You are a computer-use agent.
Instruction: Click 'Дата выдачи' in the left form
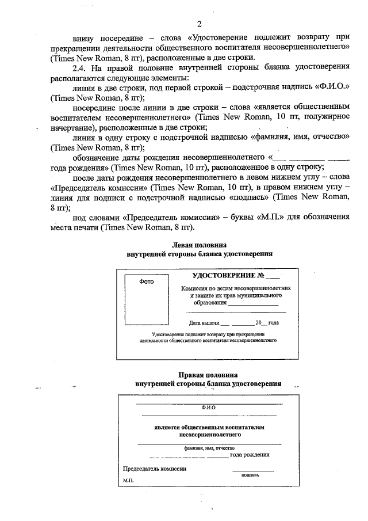tap(203, 322)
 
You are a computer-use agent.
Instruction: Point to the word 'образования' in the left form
tap(209, 302)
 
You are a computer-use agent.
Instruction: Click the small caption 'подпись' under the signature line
tap(250, 475)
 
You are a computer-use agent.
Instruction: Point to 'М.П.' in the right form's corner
tap(127, 480)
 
